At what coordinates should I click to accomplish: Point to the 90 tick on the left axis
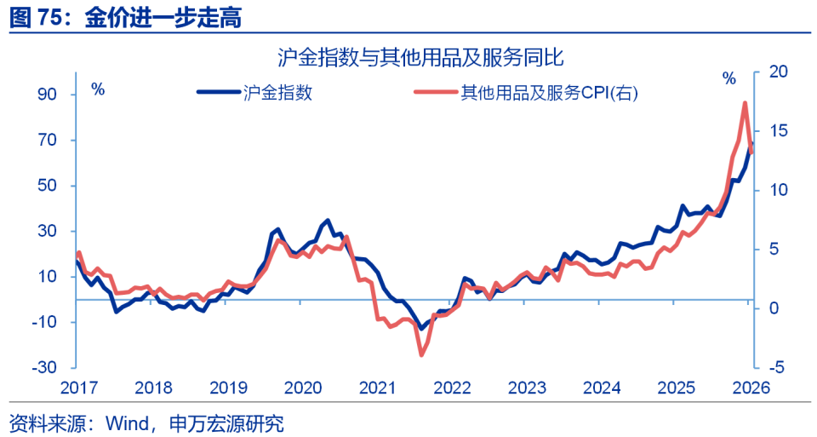[45, 95]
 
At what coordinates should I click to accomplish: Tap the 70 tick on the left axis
[45, 141]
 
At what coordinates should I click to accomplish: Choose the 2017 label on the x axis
[78, 388]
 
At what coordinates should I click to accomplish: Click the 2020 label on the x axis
[302, 388]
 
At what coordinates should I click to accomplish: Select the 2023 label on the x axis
[527, 388]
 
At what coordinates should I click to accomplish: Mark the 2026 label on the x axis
[750, 388]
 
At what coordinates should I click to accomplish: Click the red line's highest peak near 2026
[745, 103]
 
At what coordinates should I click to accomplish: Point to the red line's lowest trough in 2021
[420, 354]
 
